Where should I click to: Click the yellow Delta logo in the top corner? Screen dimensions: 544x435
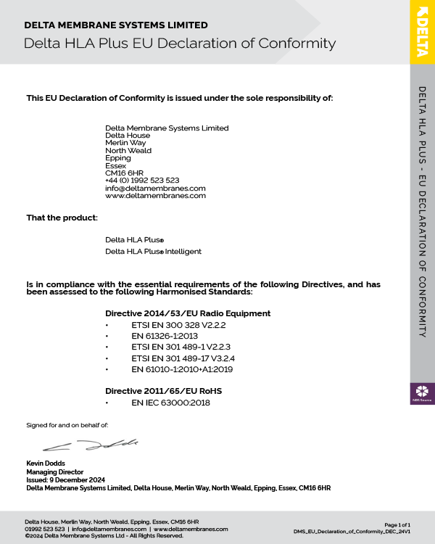coord(422,31)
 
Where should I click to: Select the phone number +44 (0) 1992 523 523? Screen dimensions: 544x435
coord(142,180)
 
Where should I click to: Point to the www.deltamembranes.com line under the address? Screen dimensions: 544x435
coord(155,195)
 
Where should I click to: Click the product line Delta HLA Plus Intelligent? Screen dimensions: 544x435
coord(153,251)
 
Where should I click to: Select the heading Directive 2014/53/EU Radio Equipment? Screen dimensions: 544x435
coord(188,313)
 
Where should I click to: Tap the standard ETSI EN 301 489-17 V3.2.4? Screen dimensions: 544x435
coord(173,358)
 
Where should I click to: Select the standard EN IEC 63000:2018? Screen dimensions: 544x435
coord(170,403)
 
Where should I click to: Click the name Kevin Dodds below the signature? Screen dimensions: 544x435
coord(46,463)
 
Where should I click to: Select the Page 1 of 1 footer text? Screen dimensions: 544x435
coord(397,524)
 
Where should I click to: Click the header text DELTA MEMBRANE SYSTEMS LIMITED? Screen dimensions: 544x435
coord(116,25)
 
